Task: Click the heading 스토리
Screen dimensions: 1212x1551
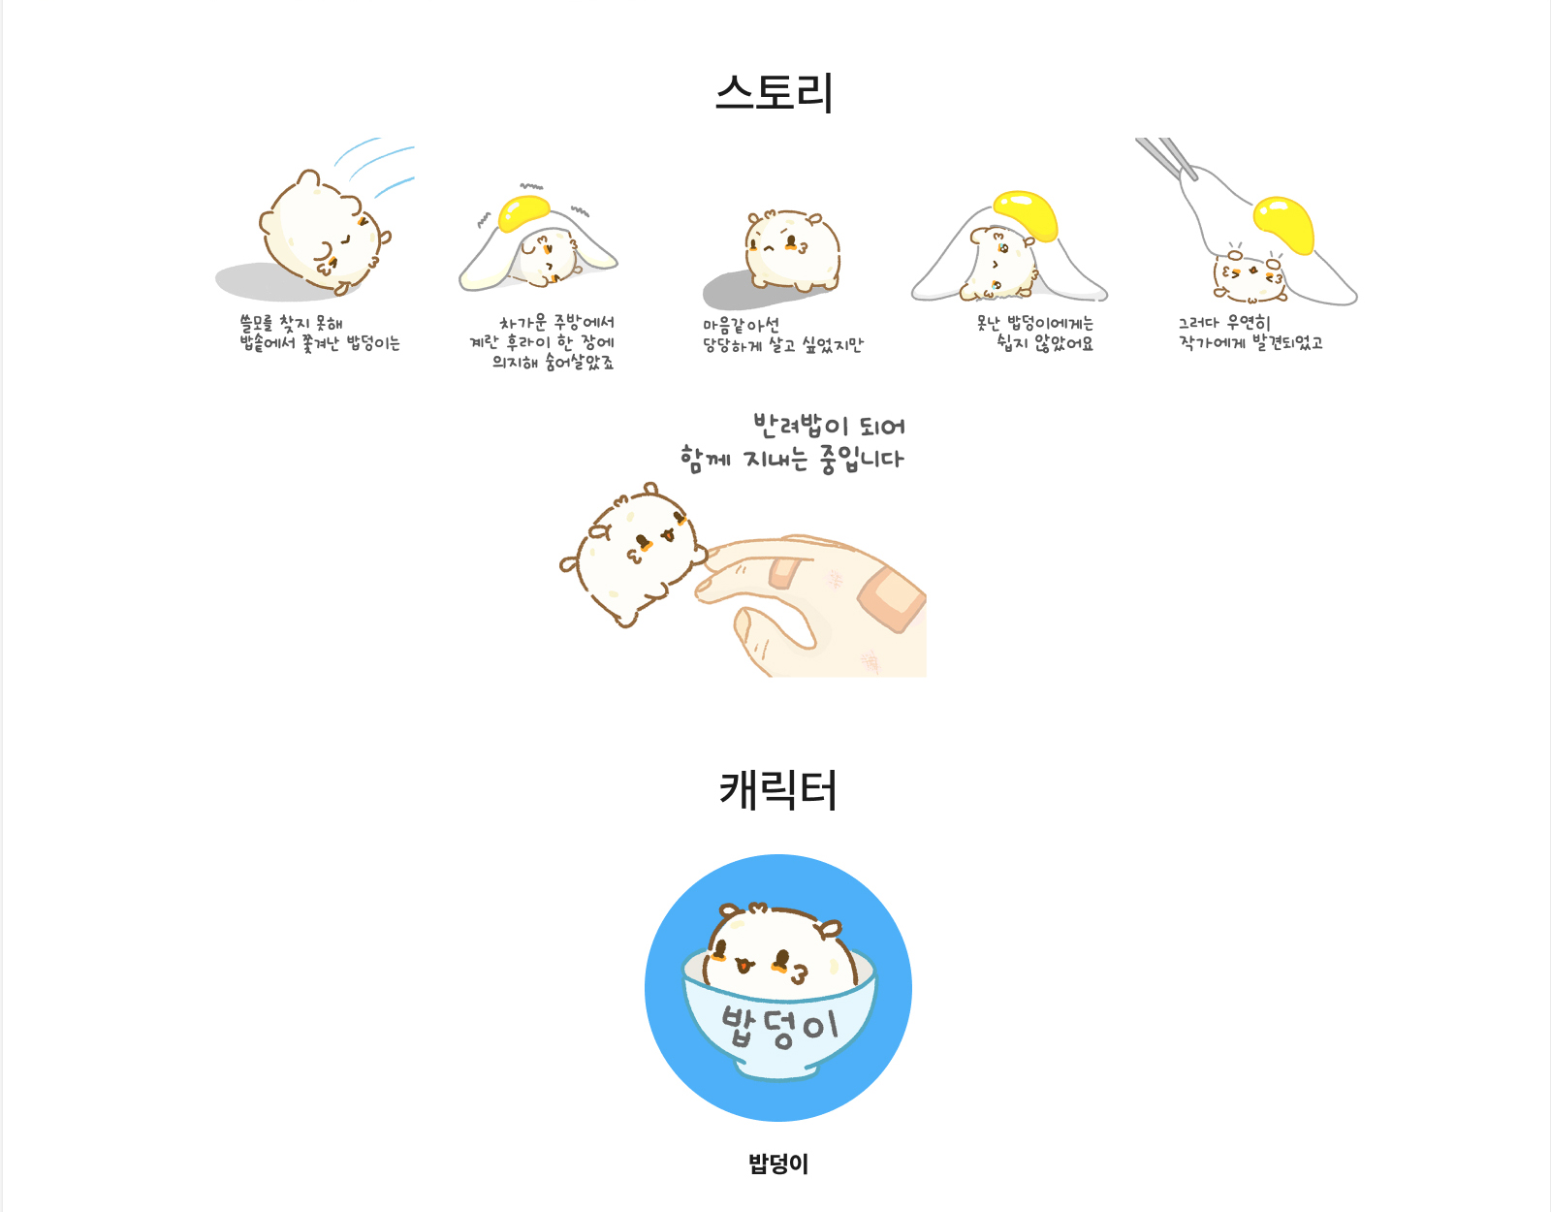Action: click(x=775, y=93)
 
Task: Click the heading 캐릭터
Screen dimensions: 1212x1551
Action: click(x=777, y=789)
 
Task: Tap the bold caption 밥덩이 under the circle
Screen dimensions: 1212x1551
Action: click(x=777, y=1164)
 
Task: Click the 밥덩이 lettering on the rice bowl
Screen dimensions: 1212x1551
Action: click(x=779, y=1027)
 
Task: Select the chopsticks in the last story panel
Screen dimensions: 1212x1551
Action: click(x=1165, y=156)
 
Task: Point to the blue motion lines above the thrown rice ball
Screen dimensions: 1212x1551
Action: click(x=378, y=165)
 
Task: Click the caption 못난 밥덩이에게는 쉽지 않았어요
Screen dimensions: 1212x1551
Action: click(x=1035, y=333)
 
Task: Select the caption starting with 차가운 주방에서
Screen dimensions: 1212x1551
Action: click(x=543, y=342)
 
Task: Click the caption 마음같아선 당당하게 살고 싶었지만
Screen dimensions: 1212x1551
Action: click(x=782, y=335)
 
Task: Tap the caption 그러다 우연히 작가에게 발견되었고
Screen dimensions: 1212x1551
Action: click(x=1250, y=333)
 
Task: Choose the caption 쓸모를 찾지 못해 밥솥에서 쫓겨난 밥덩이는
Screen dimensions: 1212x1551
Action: click(x=319, y=333)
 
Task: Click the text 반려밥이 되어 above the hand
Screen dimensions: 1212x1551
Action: click(x=829, y=425)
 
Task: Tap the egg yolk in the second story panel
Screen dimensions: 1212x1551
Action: click(x=523, y=212)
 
